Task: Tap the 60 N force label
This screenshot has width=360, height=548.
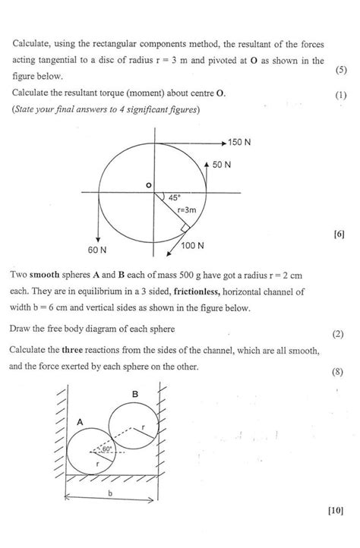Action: (x=97, y=249)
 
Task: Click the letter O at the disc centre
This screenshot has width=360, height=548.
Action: (x=148, y=185)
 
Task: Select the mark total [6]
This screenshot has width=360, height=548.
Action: (x=339, y=235)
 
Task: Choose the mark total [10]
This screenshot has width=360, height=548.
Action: (x=336, y=531)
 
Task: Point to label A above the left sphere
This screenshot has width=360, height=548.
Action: (x=80, y=420)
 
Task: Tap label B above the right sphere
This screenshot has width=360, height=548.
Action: (x=135, y=394)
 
